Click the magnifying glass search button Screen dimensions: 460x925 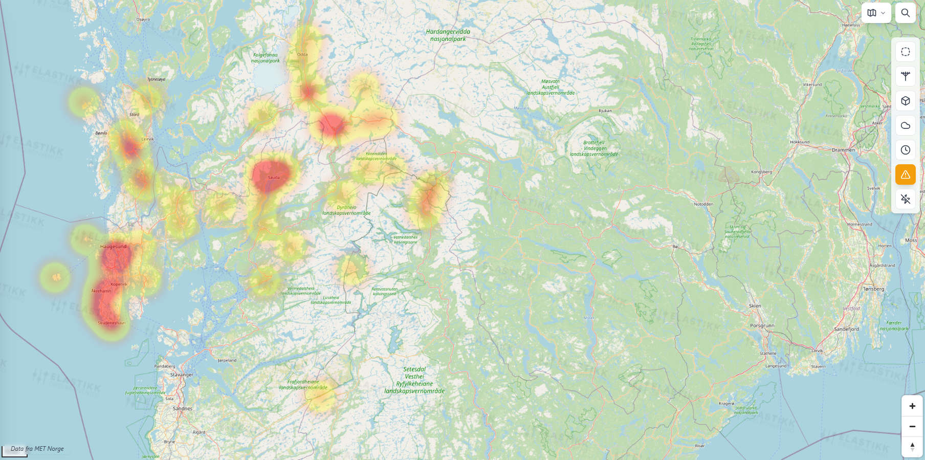click(905, 13)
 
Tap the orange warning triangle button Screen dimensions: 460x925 click(905, 174)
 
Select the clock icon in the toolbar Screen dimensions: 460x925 click(905, 150)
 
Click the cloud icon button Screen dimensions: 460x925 click(905, 125)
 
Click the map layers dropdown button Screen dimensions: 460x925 click(876, 13)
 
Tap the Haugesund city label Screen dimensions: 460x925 click(113, 247)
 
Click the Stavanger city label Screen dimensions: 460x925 click(182, 375)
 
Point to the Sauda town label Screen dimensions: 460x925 click(274, 178)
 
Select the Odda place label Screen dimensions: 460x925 click(302, 54)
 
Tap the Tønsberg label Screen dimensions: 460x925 click(873, 289)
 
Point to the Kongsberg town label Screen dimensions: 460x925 click(761, 172)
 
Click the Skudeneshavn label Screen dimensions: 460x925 click(112, 323)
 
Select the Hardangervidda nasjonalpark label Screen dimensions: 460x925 click(448, 35)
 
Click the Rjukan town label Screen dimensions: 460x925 click(605, 111)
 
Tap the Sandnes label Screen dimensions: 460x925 click(183, 408)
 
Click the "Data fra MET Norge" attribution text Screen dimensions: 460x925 click(37, 449)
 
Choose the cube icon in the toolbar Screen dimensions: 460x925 click(905, 101)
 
